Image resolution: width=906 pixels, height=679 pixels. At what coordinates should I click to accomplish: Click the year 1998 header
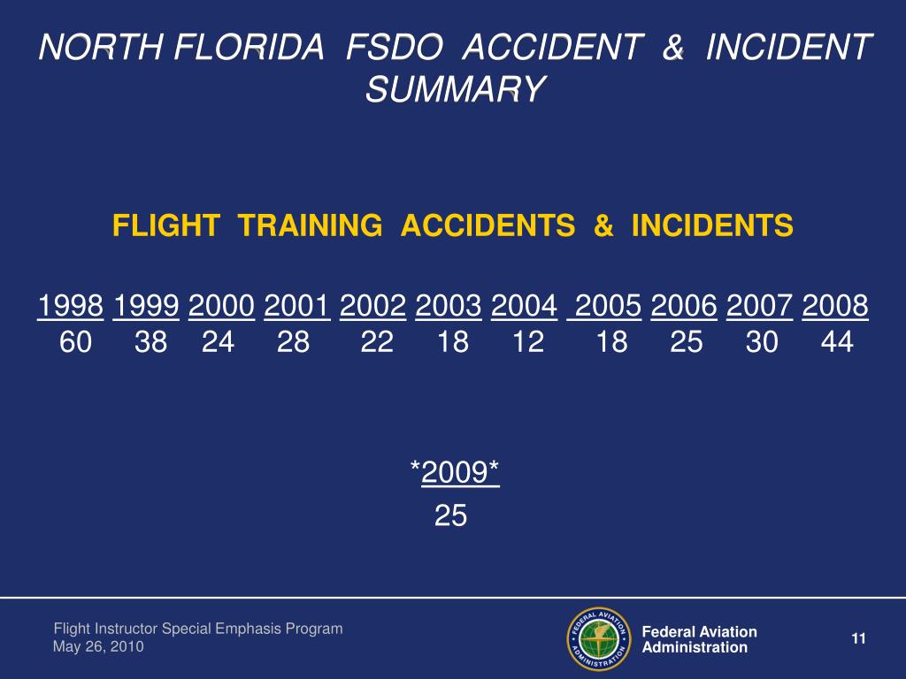point(71,307)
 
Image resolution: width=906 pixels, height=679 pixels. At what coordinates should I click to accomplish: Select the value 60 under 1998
point(75,342)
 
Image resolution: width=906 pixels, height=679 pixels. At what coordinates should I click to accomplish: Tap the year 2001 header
point(297,307)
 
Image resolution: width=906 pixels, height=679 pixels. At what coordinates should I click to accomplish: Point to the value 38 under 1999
point(150,342)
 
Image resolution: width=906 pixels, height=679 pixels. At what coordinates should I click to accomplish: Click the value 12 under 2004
point(528,342)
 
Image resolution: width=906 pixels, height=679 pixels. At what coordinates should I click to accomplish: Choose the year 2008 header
point(835,307)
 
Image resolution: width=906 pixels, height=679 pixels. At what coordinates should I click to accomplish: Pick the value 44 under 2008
point(837,342)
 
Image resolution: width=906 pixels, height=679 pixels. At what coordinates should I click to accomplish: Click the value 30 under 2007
point(762,342)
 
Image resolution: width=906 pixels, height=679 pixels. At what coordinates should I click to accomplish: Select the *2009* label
point(455,473)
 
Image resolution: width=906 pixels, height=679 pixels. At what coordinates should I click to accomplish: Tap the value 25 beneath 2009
point(450,515)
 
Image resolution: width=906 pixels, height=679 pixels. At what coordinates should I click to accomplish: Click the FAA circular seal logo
point(598,638)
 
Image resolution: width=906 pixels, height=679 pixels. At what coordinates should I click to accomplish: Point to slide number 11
point(857,639)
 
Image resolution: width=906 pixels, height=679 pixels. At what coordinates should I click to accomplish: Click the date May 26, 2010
point(98,647)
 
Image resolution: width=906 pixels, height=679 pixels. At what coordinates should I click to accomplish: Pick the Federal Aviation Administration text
point(699,639)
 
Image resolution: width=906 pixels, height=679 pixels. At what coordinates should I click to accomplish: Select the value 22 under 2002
point(377,342)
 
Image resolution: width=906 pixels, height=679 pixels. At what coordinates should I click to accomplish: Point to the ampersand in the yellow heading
point(604,227)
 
